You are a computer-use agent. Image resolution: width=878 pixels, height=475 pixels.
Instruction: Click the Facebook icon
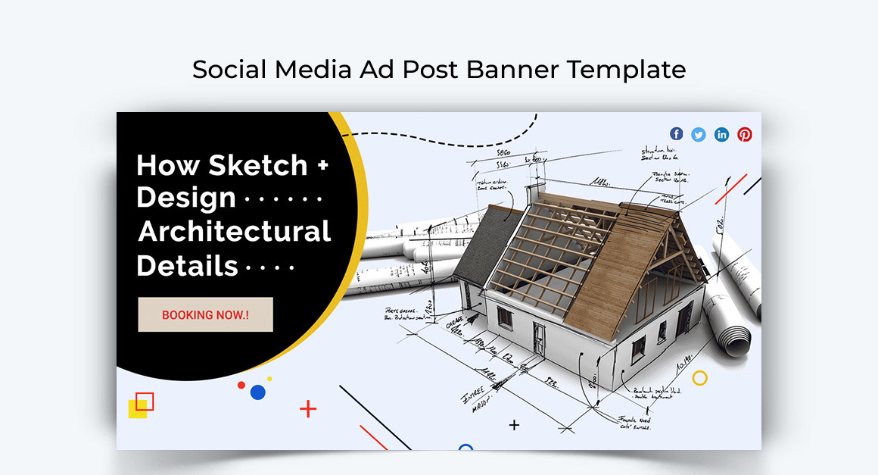tap(676, 134)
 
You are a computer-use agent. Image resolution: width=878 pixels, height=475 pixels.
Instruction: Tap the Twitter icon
tap(699, 134)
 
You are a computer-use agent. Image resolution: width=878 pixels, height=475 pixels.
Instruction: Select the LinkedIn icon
tap(722, 134)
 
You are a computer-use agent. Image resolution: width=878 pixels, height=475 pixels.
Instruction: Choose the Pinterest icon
tap(745, 134)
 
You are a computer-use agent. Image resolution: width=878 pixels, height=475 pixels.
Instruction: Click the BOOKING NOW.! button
tap(205, 314)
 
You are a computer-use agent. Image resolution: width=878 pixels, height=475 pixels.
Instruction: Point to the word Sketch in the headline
tap(258, 165)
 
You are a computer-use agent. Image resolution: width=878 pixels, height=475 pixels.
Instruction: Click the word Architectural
tap(235, 231)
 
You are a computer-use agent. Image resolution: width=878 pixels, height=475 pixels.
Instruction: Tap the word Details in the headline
tap(188, 266)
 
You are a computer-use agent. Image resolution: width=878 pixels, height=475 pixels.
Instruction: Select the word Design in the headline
tap(186, 198)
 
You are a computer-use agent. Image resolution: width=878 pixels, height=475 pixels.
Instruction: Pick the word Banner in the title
tap(512, 69)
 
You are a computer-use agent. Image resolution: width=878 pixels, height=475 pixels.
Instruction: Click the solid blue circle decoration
tap(257, 392)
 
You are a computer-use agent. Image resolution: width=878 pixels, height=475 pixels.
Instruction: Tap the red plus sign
tap(308, 409)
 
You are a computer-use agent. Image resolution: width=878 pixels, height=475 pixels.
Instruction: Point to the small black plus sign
tap(514, 425)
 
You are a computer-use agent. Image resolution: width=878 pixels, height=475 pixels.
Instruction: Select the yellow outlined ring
tap(700, 377)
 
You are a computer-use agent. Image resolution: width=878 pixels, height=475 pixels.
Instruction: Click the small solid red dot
tap(241, 385)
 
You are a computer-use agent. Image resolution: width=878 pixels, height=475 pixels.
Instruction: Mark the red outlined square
tap(145, 402)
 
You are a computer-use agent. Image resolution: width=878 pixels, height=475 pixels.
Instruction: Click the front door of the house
tap(539, 337)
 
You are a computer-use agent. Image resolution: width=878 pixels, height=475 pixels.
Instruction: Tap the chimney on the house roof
tap(536, 191)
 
